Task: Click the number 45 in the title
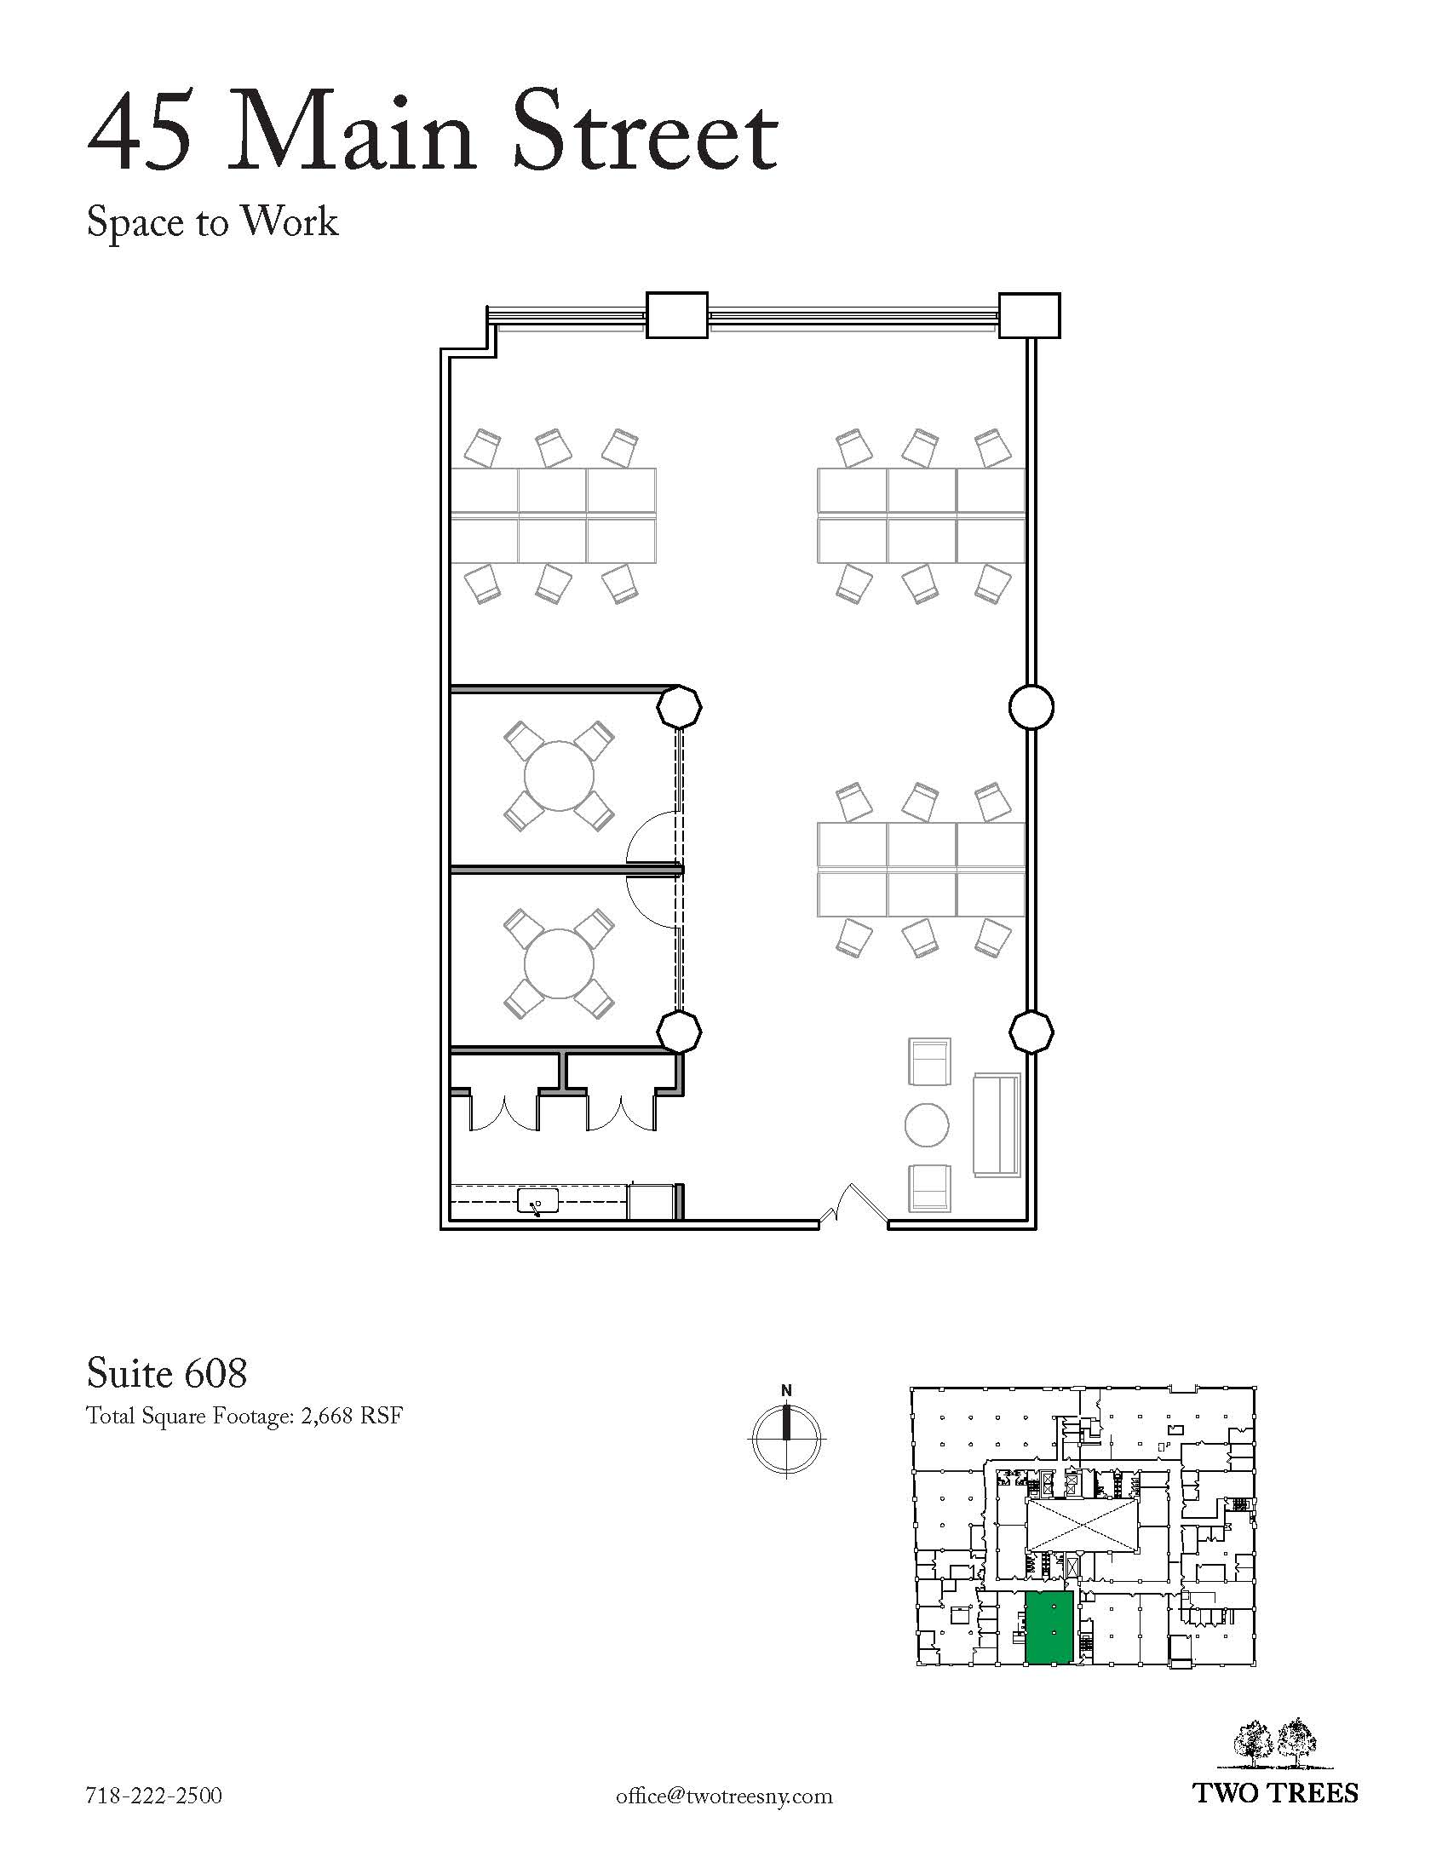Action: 140,134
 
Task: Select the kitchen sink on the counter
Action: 537,1201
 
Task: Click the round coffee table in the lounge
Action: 928,1124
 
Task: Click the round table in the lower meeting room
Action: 559,963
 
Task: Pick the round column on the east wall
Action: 1031,707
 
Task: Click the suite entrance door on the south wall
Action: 853,1207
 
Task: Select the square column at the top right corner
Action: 1030,316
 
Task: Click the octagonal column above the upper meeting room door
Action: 679,707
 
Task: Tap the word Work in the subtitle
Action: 290,221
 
